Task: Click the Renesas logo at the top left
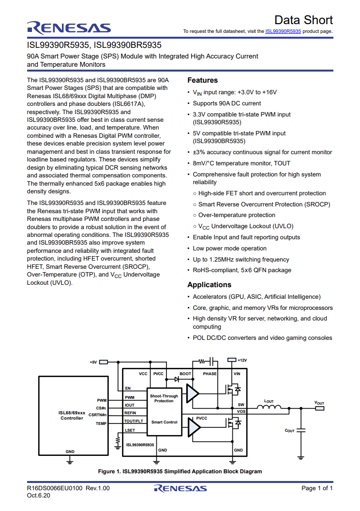pyautogui.click(x=69, y=28)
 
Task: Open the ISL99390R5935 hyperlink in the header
pyautogui.click(x=283, y=31)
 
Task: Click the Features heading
pyautogui.click(x=202, y=80)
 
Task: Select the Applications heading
pyautogui.click(x=210, y=284)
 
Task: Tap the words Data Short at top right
pyautogui.click(x=303, y=20)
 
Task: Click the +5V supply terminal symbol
pyautogui.click(x=104, y=362)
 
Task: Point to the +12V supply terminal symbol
pyautogui.click(x=231, y=360)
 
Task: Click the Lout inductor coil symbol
pyautogui.click(x=269, y=407)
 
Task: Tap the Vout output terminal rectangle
pyautogui.click(x=319, y=409)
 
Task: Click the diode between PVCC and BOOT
pyautogui.click(x=177, y=380)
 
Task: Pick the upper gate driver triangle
pyautogui.click(x=193, y=394)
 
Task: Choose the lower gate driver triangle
pyautogui.click(x=194, y=427)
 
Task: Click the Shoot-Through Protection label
pyautogui.click(x=164, y=398)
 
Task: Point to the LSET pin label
pyautogui.click(x=130, y=430)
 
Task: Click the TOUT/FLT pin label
pyautogui.click(x=134, y=421)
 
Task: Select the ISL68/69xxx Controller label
pyautogui.click(x=72, y=415)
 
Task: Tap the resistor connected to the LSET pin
pyautogui.click(x=118, y=441)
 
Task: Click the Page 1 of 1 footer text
pyautogui.click(x=317, y=488)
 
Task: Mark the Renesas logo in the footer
pyautogui.click(x=180, y=488)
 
